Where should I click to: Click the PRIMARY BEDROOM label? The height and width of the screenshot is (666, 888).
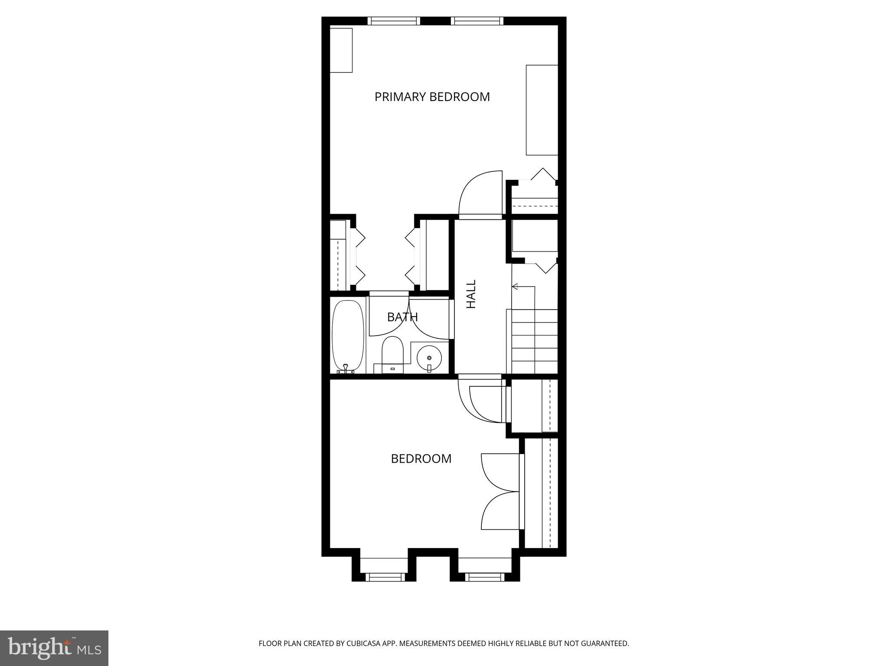coord(432,97)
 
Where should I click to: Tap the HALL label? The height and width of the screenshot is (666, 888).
coord(471,294)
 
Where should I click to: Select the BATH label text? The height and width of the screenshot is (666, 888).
coord(402,317)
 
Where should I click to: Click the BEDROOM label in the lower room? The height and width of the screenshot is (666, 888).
coord(421,459)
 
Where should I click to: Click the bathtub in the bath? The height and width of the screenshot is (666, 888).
coord(348,336)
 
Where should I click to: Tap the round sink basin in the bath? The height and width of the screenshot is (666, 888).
coord(429,358)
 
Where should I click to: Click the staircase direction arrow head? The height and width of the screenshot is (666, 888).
coord(515,287)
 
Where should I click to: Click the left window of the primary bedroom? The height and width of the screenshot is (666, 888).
coord(394,20)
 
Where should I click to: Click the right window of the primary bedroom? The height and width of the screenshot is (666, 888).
coord(477,20)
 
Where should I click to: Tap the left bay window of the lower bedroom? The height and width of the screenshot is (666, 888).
coord(385,577)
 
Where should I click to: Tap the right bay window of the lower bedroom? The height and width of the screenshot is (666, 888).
coord(484,577)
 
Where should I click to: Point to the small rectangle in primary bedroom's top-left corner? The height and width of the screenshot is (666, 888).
coord(341,50)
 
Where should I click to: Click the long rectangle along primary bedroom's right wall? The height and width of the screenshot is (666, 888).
coord(542,110)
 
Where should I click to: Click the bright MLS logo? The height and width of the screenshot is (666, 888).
coord(54,648)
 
